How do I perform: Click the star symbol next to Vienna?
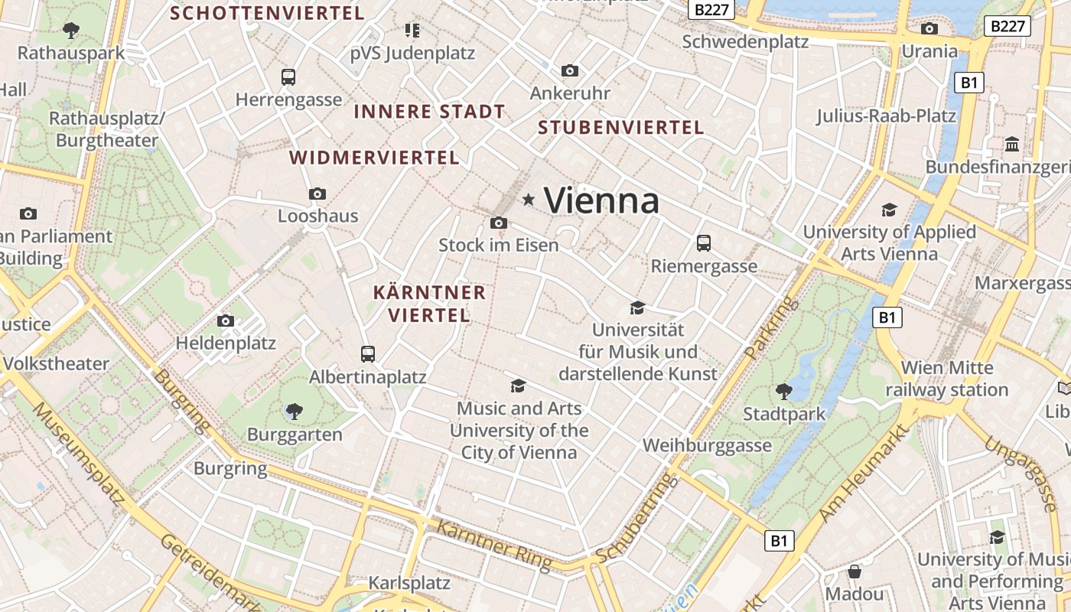tap(528, 200)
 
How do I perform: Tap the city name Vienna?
tap(601, 200)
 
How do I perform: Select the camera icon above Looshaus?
tap(317, 194)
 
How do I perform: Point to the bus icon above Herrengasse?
tap(288, 77)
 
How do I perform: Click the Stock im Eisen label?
tap(498, 245)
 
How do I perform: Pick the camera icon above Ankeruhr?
tap(570, 71)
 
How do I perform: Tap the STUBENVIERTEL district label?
tap(620, 128)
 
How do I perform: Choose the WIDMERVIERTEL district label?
tap(374, 158)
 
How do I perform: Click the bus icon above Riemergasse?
tap(704, 243)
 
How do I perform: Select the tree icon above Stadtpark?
tap(783, 392)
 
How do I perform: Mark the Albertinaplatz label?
tap(367, 377)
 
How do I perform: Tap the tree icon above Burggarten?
tap(294, 412)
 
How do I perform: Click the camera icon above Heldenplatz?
tap(226, 321)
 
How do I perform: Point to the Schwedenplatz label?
tap(744, 41)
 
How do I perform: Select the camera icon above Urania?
tap(929, 29)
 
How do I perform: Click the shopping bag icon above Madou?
tap(855, 571)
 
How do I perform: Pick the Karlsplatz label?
tap(409, 583)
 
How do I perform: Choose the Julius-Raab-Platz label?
tap(886, 116)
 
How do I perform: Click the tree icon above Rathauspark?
tap(71, 31)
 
